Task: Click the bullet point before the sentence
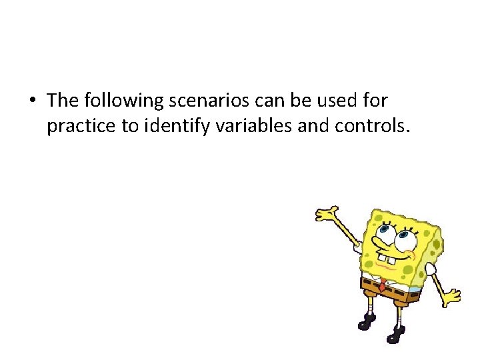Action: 32,101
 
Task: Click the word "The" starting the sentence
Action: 63,101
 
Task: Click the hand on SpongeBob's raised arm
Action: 327,215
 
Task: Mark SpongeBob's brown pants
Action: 386,289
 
